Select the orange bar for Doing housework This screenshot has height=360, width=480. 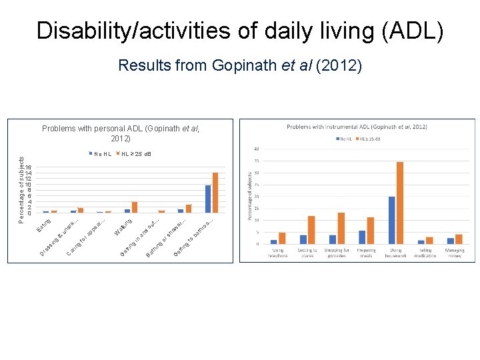point(400,203)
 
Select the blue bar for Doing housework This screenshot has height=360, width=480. point(392,220)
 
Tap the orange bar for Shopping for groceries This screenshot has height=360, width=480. point(341,228)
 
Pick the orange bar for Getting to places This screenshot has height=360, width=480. point(311,230)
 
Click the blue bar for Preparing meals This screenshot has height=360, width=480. point(362,237)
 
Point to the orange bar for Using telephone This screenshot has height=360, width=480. point(282,238)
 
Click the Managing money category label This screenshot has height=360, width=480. point(455,253)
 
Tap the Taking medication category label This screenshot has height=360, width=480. point(425,253)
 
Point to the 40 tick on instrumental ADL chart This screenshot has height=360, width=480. point(257,149)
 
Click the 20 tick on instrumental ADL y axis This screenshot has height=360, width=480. point(257,197)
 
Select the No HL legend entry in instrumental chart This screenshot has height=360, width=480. point(345,138)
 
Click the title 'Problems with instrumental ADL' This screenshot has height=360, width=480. point(357,127)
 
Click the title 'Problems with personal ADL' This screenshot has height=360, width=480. point(121,133)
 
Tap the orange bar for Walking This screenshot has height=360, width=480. point(135,207)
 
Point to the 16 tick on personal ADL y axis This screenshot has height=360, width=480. point(28,167)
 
